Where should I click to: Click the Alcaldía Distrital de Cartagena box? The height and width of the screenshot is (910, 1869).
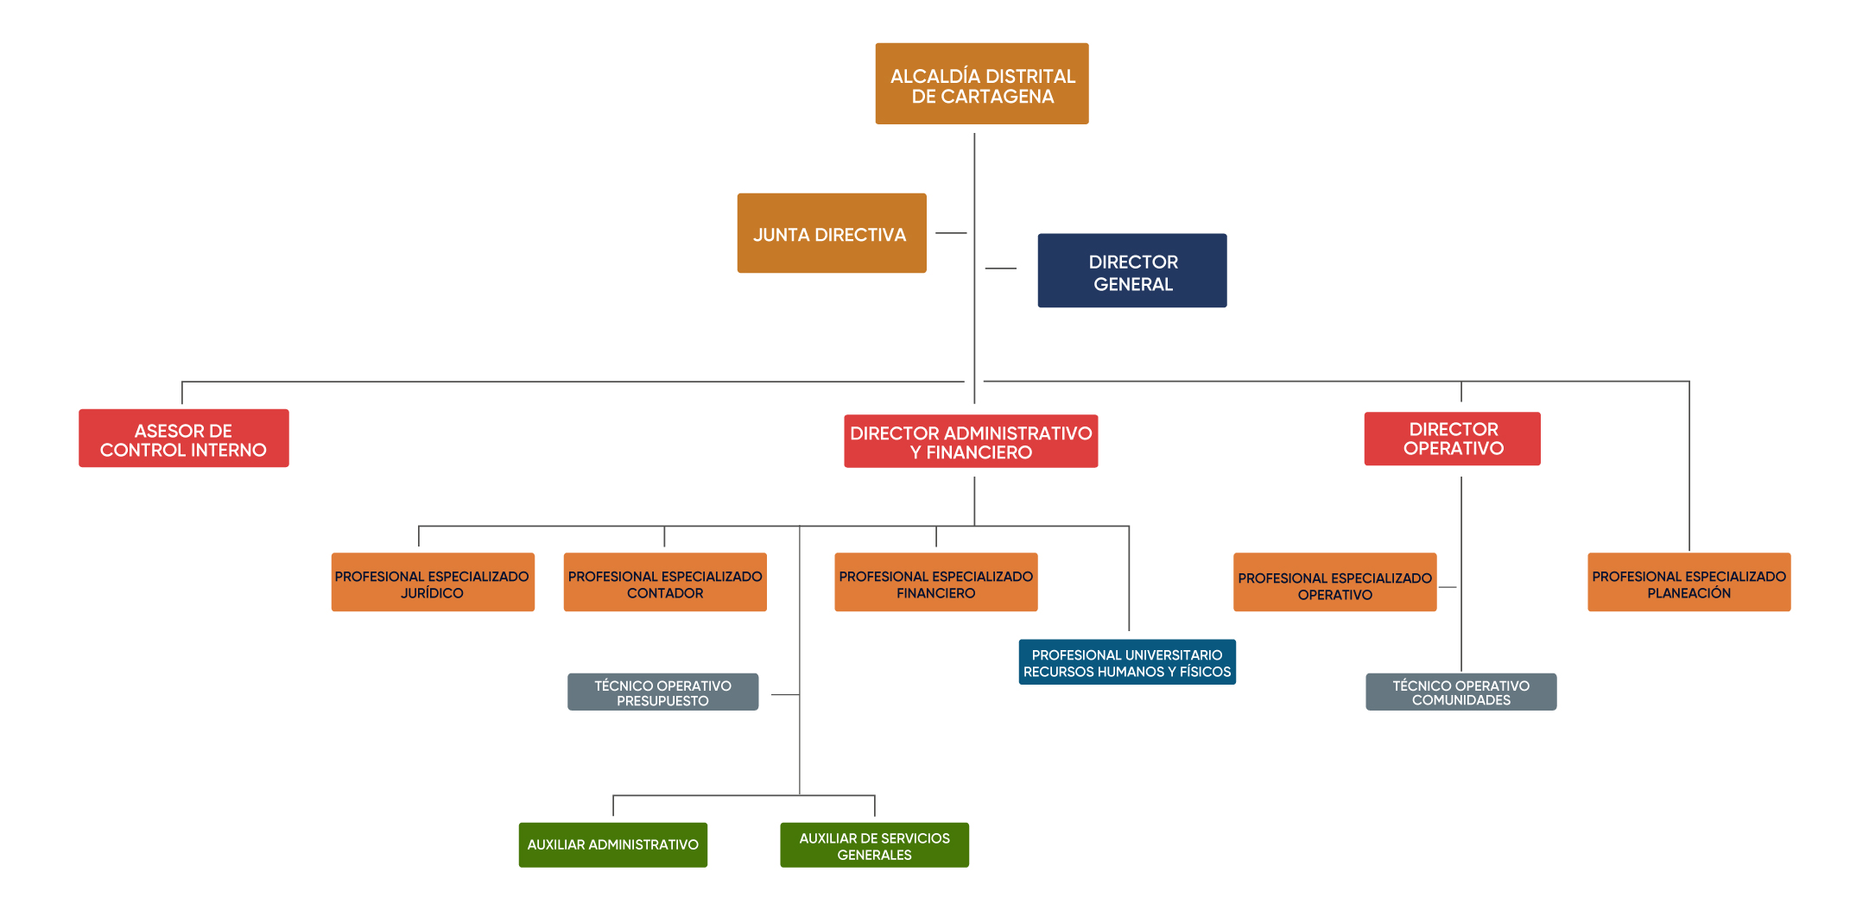point(981,84)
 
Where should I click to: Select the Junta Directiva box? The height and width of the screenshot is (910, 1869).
point(831,233)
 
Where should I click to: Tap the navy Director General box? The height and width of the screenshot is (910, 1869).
point(1131,270)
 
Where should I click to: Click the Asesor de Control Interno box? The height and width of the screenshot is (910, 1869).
point(183,439)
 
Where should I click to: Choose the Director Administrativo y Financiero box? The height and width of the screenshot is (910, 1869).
point(970,441)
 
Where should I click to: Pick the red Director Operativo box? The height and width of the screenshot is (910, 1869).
point(1452,439)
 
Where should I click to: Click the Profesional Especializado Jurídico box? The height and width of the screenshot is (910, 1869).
point(432,583)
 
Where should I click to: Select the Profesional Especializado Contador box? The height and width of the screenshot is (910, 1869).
point(664,583)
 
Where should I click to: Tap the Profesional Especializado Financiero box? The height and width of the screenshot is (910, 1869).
point(935,583)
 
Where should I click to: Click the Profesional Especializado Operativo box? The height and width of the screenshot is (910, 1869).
point(1334,583)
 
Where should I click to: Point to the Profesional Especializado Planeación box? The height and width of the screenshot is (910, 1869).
point(1688,583)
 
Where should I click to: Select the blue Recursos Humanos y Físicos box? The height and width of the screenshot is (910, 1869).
point(1126,662)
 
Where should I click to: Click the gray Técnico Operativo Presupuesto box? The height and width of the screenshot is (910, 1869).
point(662,692)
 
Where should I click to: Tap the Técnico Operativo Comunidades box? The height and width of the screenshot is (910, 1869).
point(1460,692)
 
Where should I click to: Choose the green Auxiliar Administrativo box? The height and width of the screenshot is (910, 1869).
point(612,845)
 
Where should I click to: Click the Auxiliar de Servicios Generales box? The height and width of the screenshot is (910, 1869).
point(874,845)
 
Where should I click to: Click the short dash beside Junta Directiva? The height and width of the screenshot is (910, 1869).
point(951,233)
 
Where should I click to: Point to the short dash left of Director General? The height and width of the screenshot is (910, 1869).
point(1000,269)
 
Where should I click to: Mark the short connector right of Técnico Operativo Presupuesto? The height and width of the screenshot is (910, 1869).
point(784,694)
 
